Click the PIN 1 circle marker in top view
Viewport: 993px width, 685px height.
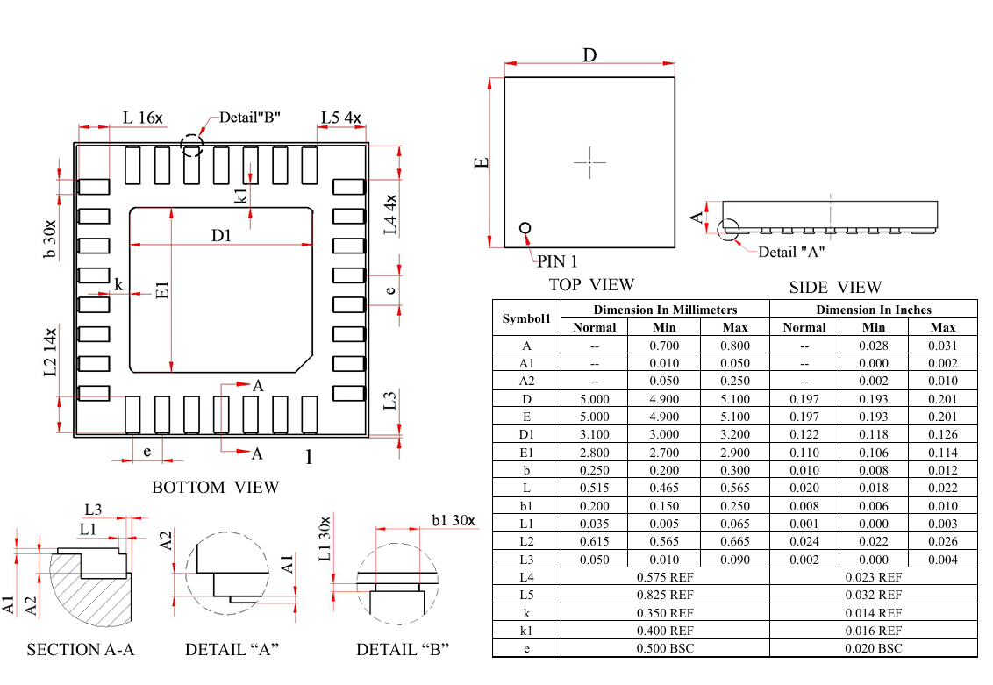[525, 228]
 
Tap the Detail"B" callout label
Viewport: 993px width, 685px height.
[249, 118]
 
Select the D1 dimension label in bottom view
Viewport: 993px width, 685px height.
[221, 236]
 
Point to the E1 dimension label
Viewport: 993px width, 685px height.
[163, 290]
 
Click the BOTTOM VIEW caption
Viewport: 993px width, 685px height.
[215, 487]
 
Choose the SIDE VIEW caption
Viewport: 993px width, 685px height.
[835, 288]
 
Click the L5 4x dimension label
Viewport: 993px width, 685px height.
[340, 118]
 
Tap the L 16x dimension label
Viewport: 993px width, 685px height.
[142, 118]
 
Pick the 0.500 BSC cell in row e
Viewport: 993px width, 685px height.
[665, 648]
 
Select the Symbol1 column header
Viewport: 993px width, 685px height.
[526, 318]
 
